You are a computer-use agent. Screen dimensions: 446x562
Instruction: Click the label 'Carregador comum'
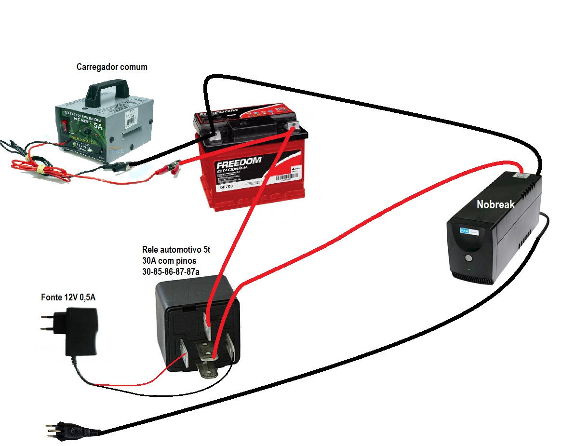point(112,67)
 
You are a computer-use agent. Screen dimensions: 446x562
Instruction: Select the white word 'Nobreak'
point(495,204)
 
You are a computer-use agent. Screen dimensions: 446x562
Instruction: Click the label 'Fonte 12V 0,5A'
point(68,297)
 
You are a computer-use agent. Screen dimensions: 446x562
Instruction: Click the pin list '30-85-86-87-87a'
point(171,272)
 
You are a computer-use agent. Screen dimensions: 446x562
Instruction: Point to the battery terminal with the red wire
point(292,127)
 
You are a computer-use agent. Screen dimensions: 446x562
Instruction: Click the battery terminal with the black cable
point(212,135)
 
